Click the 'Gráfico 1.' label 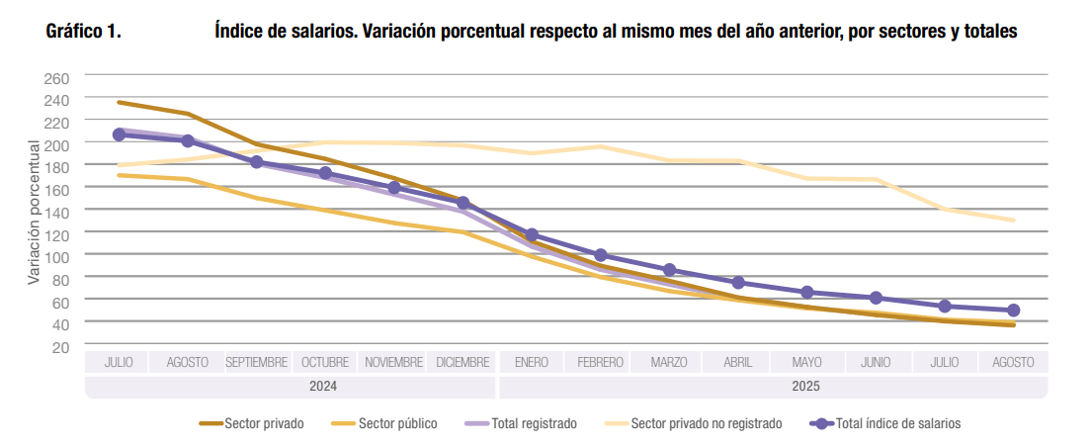pyautogui.click(x=83, y=33)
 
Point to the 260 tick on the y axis pyautogui.click(x=57, y=77)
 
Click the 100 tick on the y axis pyautogui.click(x=57, y=256)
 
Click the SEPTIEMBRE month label pyautogui.click(x=256, y=363)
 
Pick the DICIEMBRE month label pyautogui.click(x=462, y=363)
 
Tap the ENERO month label pyautogui.click(x=532, y=363)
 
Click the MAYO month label pyautogui.click(x=807, y=363)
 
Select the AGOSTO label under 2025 pyautogui.click(x=1013, y=363)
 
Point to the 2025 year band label pyautogui.click(x=773, y=387)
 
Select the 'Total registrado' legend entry pyautogui.click(x=534, y=424)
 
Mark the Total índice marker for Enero pyautogui.click(x=532, y=235)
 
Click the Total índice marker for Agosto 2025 pyautogui.click(x=1013, y=311)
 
